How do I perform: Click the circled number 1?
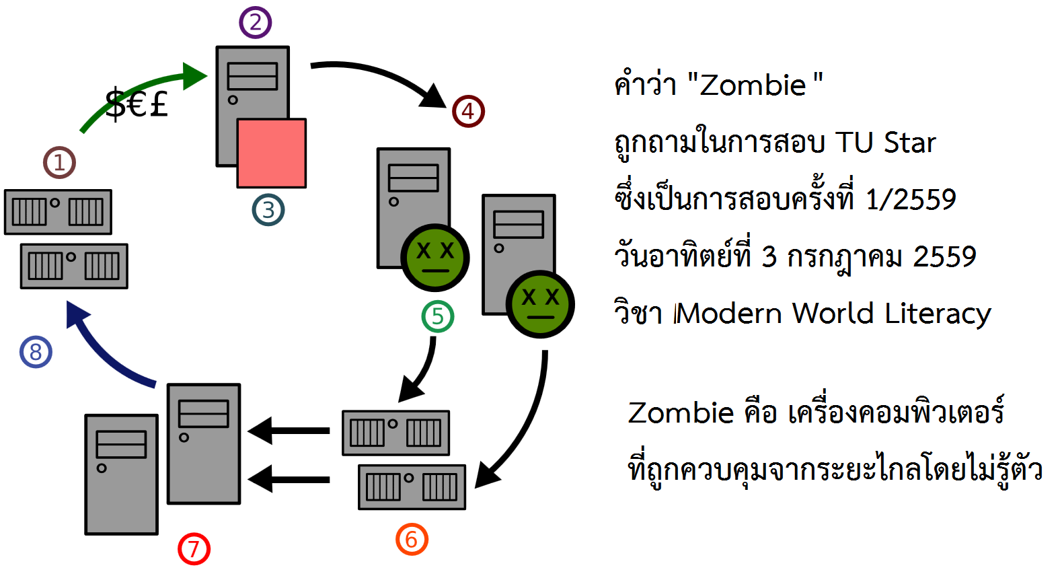click(59, 163)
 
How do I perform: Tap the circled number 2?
click(256, 22)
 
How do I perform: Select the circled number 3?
click(268, 210)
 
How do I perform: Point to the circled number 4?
click(468, 112)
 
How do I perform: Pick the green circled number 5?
click(438, 316)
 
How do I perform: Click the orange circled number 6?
click(412, 539)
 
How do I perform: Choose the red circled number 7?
click(194, 549)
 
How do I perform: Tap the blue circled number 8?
click(36, 352)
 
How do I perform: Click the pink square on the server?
click(272, 153)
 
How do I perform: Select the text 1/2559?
click(911, 200)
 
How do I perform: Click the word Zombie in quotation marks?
click(753, 85)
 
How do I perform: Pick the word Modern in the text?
click(730, 314)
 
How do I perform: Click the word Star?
click(909, 143)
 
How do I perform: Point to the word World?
click(833, 314)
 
